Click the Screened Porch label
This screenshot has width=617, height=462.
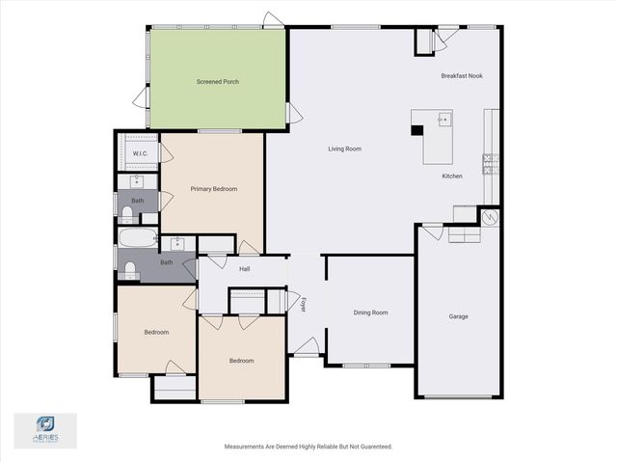217,82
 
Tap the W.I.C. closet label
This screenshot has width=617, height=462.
139,153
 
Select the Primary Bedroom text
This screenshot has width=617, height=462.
213,189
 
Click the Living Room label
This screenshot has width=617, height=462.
344,149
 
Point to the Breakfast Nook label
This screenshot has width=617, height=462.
461,75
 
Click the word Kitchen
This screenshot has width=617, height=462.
452,177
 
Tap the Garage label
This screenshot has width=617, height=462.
458,316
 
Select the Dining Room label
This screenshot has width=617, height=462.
370,313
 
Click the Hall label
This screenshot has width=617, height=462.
245,269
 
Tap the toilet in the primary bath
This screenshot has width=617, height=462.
126,212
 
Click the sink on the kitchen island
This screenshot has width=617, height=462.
444,121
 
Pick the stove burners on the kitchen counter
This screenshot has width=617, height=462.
489,163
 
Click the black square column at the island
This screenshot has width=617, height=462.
417,129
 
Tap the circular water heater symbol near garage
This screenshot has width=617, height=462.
491,218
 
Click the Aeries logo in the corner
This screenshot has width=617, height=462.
45,428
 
